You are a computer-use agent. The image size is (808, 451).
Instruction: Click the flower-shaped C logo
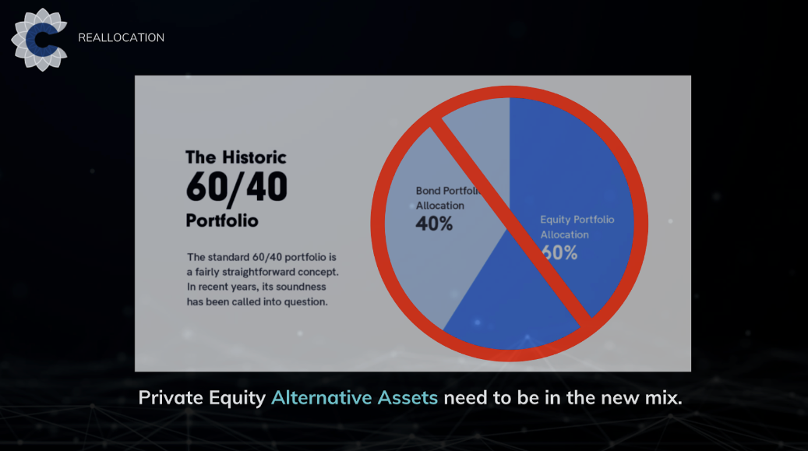pos(39,40)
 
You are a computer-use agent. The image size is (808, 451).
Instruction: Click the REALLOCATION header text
pos(121,37)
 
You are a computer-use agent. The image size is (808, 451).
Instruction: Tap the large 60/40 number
pos(237,187)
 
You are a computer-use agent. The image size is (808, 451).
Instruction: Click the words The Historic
pos(235,157)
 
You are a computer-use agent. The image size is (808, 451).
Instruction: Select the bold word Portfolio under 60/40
pos(222,220)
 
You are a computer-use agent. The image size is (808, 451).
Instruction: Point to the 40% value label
pos(435,224)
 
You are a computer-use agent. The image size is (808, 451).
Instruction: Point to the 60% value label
pos(559,252)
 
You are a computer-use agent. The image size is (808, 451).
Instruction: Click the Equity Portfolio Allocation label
pos(577,227)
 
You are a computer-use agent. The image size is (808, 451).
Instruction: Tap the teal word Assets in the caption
pos(408,398)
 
